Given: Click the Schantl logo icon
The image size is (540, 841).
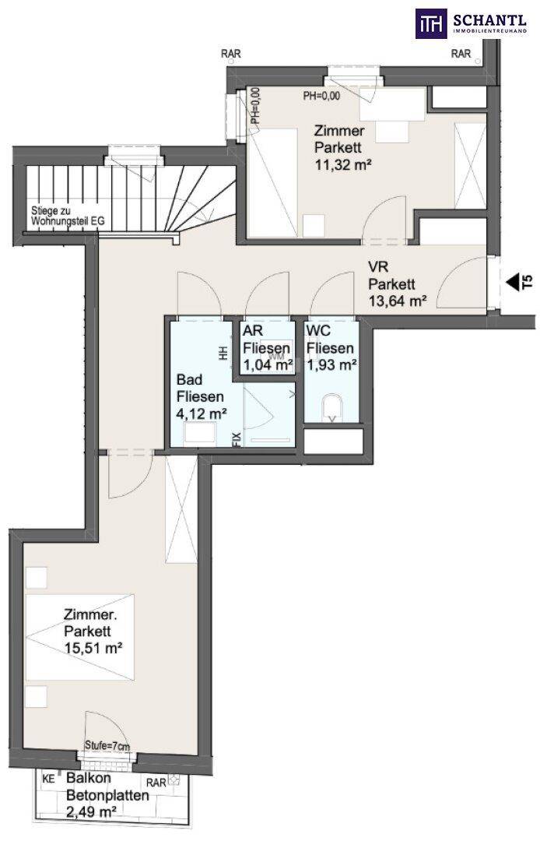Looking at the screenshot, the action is coord(432,23).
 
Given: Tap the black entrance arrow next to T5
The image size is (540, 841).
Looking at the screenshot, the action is coord(512,282).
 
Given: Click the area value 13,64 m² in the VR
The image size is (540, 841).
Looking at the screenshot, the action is coord(398,301).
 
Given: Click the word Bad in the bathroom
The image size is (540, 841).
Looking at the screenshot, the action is coord(190,380).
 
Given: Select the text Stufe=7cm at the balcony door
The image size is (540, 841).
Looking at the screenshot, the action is coord(107,746).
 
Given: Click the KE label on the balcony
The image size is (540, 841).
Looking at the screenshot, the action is coord(48,779).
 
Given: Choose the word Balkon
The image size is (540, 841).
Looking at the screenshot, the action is coord(89,778).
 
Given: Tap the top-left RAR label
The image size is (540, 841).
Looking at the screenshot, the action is coord(231,55).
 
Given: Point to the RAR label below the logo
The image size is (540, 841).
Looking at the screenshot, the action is coord(461,54).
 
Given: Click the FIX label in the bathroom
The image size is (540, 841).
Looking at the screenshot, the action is coord(237,438).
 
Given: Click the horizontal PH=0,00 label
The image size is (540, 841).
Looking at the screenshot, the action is coord(322,96).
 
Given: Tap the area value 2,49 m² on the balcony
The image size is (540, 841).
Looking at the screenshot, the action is coord(91,812).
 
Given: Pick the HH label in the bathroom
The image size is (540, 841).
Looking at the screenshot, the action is coord(223,353).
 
